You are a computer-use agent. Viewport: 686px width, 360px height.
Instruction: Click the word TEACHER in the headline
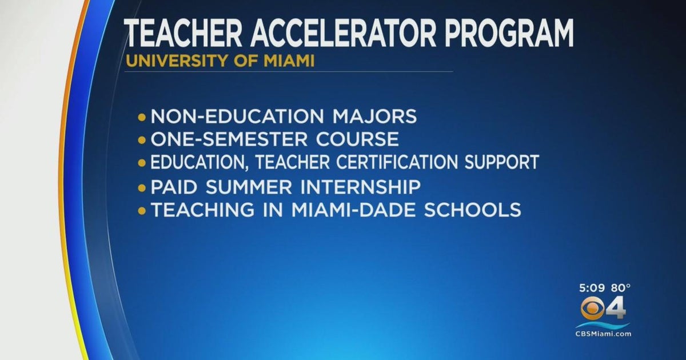coord(184,33)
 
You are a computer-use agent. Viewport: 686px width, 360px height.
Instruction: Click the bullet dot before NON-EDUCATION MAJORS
coord(142,117)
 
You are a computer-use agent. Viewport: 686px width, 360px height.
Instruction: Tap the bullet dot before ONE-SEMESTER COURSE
coord(142,140)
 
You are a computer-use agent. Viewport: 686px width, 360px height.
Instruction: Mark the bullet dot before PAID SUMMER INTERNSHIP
coord(142,187)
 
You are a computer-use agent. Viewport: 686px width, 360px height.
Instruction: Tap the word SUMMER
coord(246,187)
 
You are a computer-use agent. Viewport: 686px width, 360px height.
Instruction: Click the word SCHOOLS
coord(477,210)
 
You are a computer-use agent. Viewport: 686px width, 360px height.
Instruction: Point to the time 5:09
coord(591,287)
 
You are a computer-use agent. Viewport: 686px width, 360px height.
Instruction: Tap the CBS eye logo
coord(593,309)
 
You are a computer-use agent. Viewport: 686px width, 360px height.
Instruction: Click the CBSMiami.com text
coord(603,333)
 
